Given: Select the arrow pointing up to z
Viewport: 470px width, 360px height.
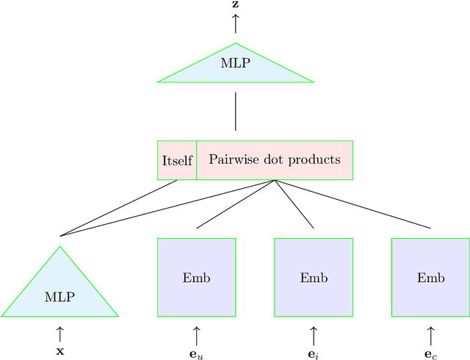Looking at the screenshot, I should (235, 23).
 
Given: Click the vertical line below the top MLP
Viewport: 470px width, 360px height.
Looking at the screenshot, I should (235, 111).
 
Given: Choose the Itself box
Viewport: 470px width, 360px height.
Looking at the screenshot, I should (176, 160).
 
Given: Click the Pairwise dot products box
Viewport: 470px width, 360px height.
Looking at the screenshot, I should (275, 160).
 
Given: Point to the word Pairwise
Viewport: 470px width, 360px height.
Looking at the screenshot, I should (231, 159).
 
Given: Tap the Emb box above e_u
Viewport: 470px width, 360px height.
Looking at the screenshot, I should (196, 278).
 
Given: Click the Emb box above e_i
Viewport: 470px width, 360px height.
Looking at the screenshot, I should (314, 278).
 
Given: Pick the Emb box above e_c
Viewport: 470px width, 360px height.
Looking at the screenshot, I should (430, 278).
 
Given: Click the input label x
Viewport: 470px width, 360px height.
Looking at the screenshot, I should (60, 351).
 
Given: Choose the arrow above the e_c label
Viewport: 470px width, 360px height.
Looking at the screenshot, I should (430, 335).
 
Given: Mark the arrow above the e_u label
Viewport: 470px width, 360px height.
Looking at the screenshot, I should (197, 335).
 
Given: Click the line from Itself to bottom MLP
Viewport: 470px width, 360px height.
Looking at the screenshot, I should (119, 207).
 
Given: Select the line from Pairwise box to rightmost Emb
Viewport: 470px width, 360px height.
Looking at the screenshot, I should (352, 204).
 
